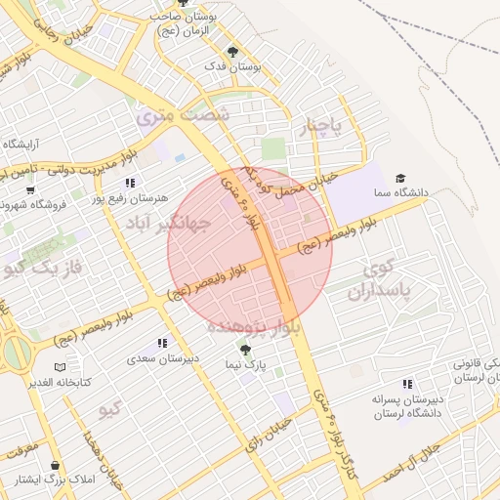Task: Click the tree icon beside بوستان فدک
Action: click(x=231, y=52)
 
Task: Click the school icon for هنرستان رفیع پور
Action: click(x=129, y=183)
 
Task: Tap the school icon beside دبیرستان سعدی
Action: click(x=162, y=344)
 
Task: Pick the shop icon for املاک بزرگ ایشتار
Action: click(x=55, y=466)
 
